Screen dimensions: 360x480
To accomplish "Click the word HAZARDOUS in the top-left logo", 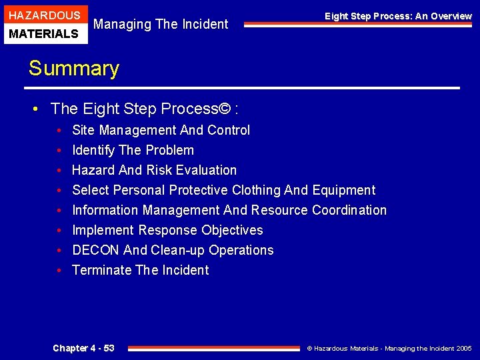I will click(x=45, y=15).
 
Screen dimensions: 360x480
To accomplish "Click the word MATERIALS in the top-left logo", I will click(x=45, y=33).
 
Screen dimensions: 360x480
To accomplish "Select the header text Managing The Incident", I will click(x=161, y=24).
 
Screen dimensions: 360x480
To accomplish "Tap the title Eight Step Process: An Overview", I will click(x=398, y=16).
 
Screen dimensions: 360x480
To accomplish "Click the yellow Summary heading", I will click(x=73, y=68).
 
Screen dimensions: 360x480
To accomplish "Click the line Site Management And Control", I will click(x=161, y=130).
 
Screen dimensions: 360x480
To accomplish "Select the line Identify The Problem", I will click(x=133, y=150).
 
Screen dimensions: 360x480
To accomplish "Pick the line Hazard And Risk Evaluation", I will click(x=154, y=170).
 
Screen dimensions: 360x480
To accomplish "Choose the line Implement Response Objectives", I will click(x=167, y=230).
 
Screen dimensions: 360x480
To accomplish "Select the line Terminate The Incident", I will click(x=140, y=270).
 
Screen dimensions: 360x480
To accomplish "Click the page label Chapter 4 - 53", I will click(x=83, y=348).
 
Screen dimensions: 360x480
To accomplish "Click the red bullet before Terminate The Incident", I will click(x=59, y=271).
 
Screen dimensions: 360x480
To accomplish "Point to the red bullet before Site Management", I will click(x=59, y=131).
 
